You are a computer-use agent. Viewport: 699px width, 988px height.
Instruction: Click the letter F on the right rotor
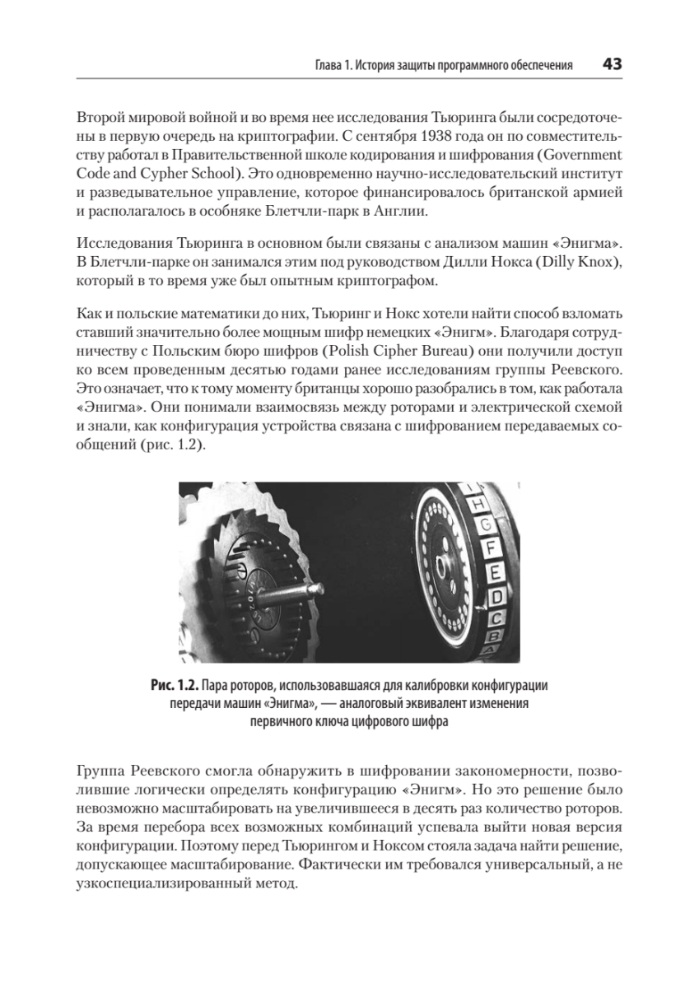click(492, 546)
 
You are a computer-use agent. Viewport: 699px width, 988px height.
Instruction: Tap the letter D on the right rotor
click(496, 595)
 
